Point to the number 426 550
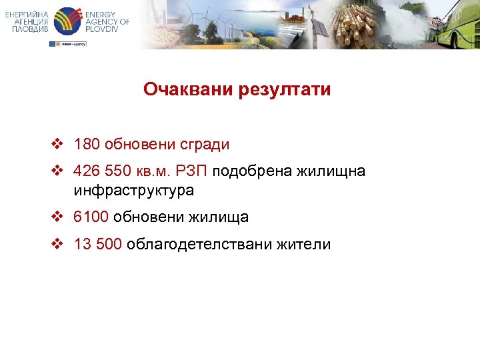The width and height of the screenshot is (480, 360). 103,172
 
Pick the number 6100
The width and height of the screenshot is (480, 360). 91,217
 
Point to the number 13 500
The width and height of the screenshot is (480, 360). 98,245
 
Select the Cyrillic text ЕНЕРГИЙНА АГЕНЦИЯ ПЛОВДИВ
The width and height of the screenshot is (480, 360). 27,22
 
